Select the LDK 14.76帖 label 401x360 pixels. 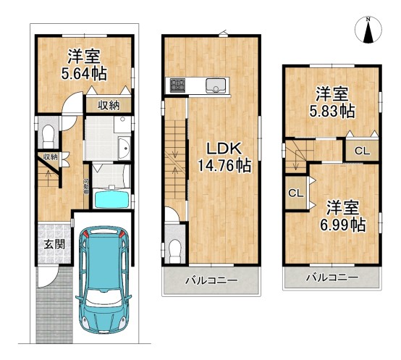pyautogui.click(x=224, y=157)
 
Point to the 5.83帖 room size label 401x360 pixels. pyautogui.click(x=332, y=111)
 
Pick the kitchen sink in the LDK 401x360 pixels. pyautogui.click(x=216, y=86)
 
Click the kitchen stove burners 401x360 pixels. pyautogui.click(x=176, y=86)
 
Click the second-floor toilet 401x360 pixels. pyautogui.click(x=175, y=248)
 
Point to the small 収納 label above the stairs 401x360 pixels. pyautogui.click(x=49, y=156)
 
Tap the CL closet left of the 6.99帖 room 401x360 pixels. pyautogui.click(x=295, y=193)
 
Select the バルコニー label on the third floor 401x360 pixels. pyautogui.click(x=331, y=277)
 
